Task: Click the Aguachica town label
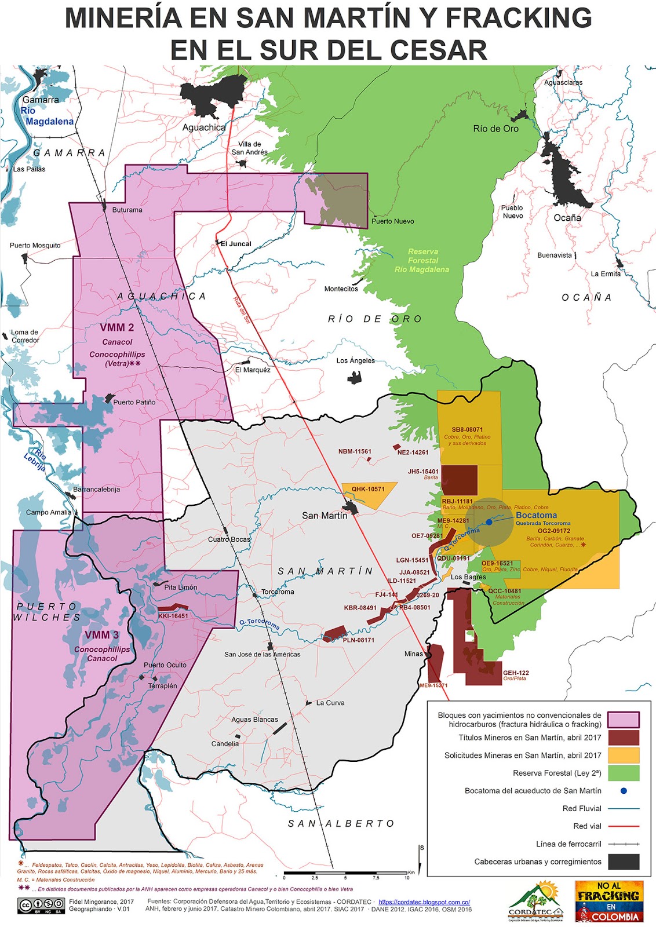pos(204,127)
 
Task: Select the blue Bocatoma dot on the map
pos(489,522)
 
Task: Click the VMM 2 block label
pos(116,327)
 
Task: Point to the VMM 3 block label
pos(101,635)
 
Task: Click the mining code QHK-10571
pos(367,489)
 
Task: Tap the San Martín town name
pos(325,516)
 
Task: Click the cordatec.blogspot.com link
pos(424,902)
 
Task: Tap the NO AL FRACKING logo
pos(609,901)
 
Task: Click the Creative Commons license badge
pos(41,905)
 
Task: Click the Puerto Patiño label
pos(134,402)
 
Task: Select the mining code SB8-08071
pos(467,429)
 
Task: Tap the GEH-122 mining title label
pos(515,673)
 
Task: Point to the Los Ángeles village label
pos(355,360)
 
